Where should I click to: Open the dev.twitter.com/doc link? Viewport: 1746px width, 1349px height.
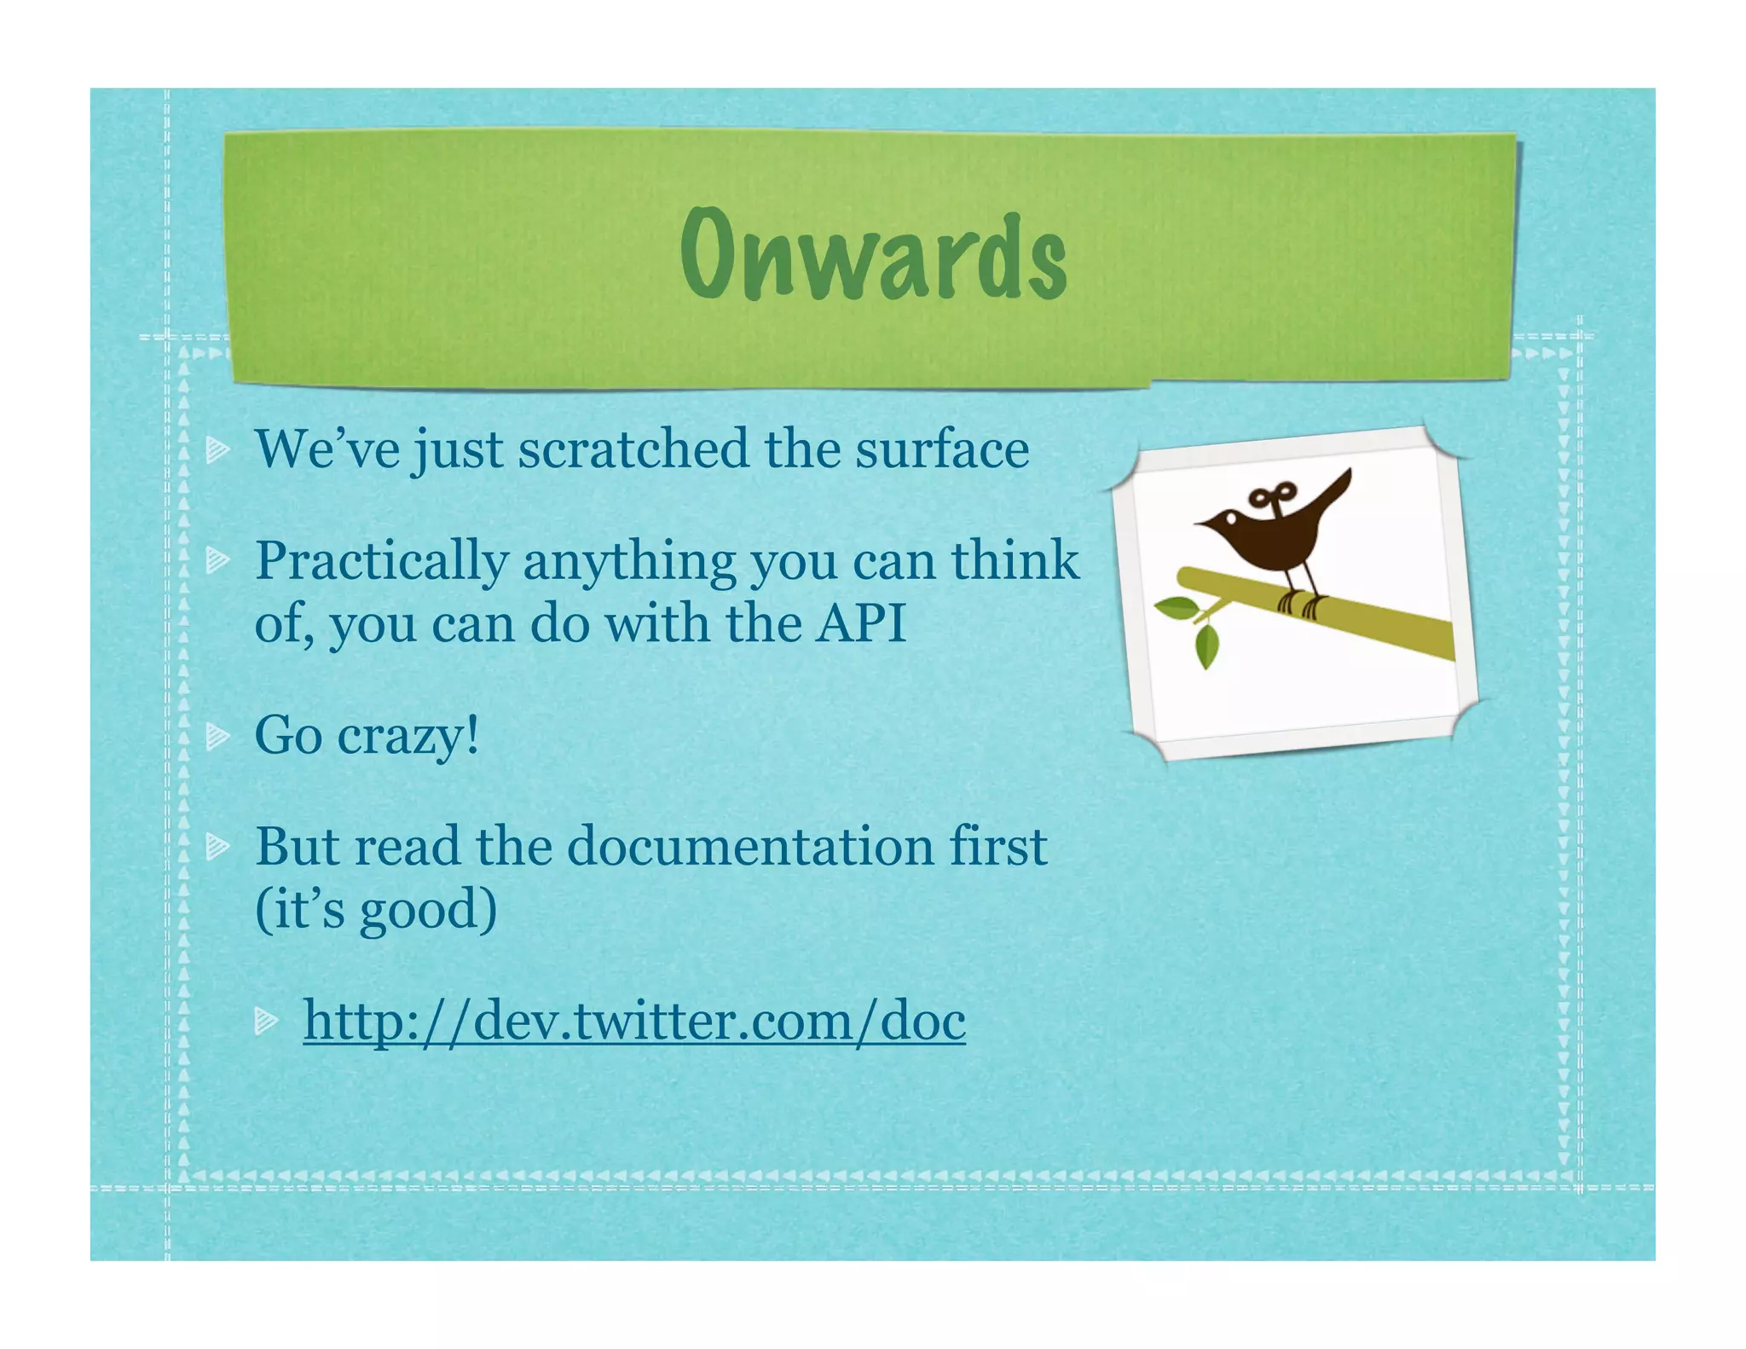(634, 1021)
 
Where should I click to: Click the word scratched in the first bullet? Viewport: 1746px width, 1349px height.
(633, 449)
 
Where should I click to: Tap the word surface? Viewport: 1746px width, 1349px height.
(942, 449)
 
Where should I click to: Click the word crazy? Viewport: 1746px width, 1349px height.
(408, 735)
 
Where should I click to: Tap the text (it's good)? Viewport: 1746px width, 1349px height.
(376, 910)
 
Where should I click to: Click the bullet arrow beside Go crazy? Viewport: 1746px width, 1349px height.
(218, 735)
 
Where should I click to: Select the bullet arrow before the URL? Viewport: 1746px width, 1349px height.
(267, 1020)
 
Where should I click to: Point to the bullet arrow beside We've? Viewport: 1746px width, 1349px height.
(218, 449)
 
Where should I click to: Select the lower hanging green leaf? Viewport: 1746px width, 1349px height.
(1207, 648)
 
